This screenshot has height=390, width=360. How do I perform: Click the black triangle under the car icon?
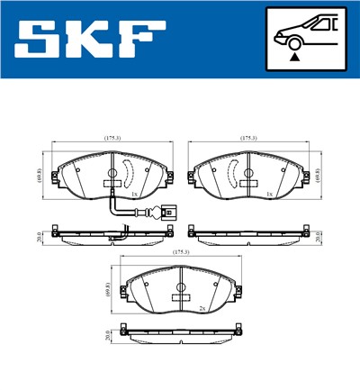click(x=293, y=57)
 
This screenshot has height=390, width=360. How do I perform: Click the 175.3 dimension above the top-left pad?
click(x=112, y=139)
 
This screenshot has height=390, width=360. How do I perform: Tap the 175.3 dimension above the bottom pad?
click(x=180, y=252)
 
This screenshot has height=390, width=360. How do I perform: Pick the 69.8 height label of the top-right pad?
click(x=321, y=175)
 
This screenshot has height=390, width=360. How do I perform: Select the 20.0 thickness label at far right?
click(x=319, y=237)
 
